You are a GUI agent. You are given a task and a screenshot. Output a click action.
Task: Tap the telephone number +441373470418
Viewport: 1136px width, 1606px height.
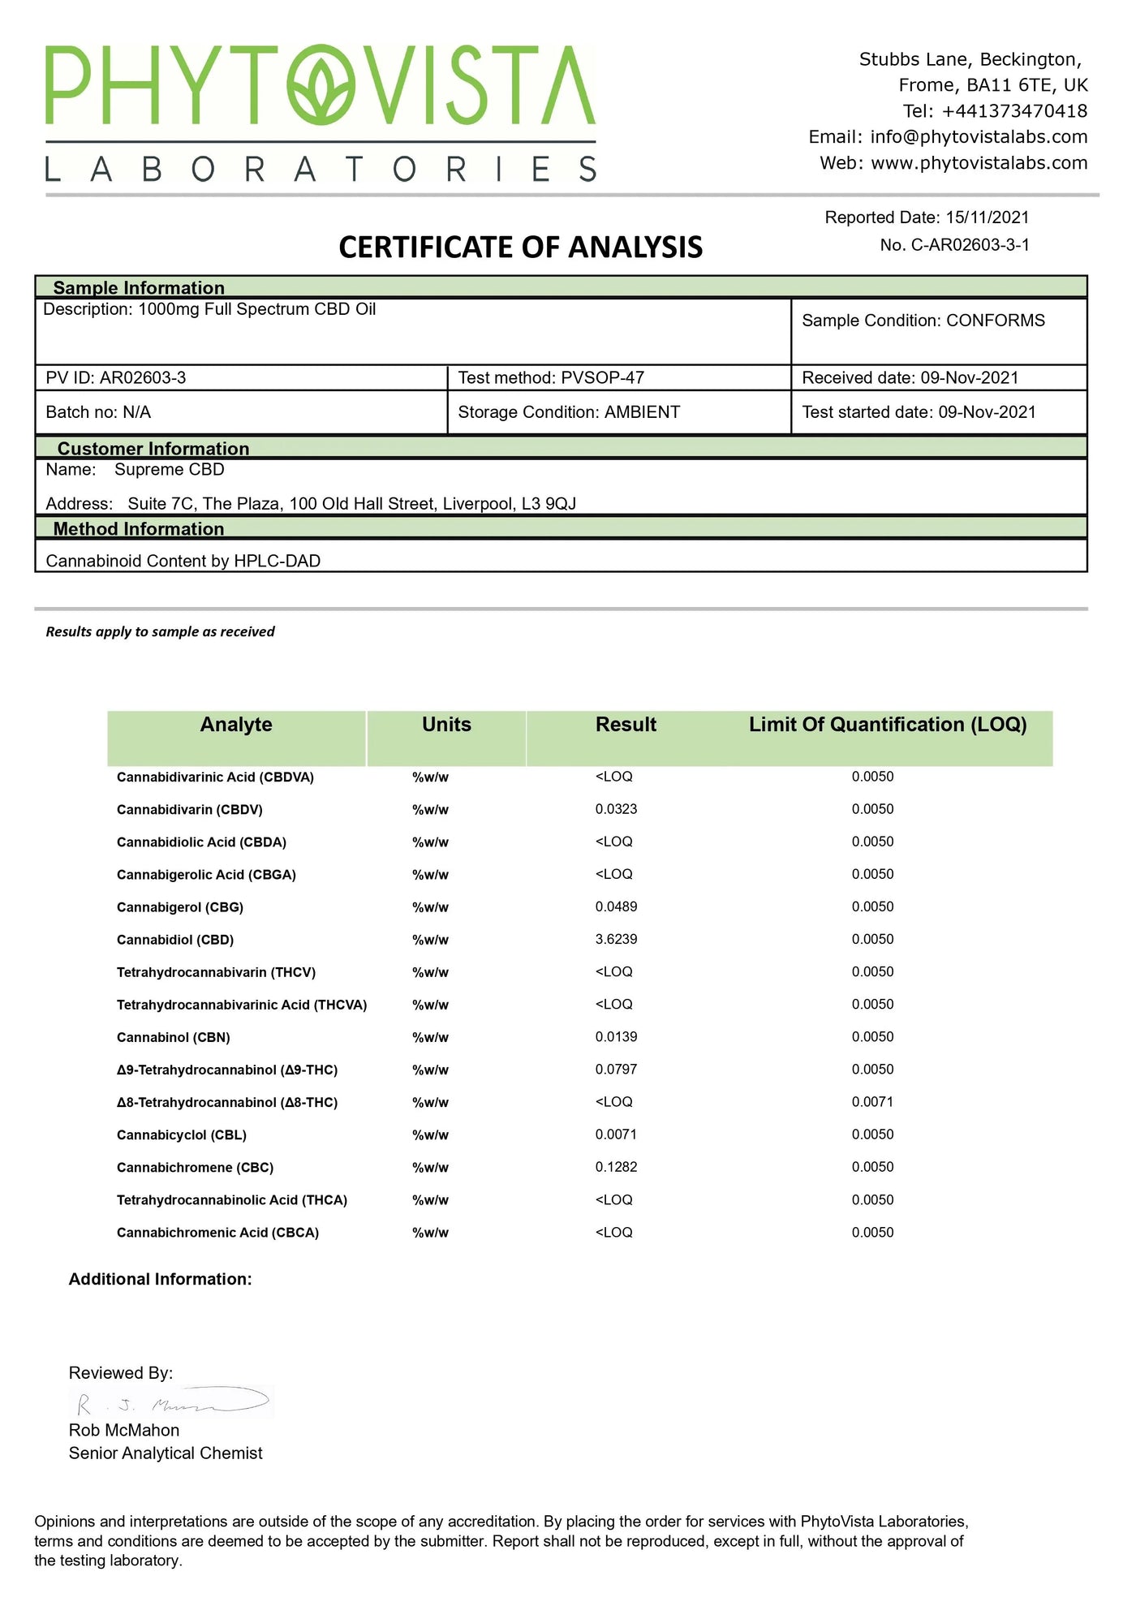(1014, 111)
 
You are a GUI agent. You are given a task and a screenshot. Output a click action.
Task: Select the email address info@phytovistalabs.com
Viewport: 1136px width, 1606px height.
(979, 137)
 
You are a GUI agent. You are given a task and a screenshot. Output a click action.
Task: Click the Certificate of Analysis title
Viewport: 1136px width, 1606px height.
(520, 248)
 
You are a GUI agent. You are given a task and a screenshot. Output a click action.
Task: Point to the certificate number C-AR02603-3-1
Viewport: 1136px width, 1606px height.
(970, 245)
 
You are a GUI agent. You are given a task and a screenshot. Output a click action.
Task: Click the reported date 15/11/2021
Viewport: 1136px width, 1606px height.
(987, 217)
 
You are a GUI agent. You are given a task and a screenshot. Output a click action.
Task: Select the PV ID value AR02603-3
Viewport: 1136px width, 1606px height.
(143, 378)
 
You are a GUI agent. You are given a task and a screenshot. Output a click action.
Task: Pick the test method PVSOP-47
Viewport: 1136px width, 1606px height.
(603, 378)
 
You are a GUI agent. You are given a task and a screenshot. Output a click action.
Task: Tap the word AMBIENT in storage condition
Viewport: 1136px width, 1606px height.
(642, 412)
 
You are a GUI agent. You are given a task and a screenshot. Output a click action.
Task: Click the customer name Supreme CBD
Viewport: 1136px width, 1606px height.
(169, 470)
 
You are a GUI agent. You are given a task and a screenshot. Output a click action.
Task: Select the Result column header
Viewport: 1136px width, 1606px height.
(626, 725)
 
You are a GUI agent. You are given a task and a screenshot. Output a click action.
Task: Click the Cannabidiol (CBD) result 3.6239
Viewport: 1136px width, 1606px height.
(616, 940)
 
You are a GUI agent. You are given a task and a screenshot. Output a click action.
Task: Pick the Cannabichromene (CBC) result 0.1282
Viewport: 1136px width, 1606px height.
(616, 1167)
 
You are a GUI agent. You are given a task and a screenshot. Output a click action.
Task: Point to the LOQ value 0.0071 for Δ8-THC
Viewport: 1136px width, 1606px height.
(872, 1102)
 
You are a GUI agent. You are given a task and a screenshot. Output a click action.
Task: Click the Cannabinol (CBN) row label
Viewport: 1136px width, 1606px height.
(174, 1038)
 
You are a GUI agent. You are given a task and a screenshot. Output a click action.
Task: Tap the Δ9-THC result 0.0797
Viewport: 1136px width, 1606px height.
(616, 1070)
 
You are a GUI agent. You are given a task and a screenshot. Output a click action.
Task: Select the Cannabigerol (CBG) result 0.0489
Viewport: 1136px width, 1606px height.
(616, 907)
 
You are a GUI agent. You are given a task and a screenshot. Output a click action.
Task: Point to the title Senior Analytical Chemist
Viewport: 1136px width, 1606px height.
(166, 1453)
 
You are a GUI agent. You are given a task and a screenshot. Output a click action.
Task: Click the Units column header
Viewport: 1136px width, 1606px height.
(446, 725)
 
